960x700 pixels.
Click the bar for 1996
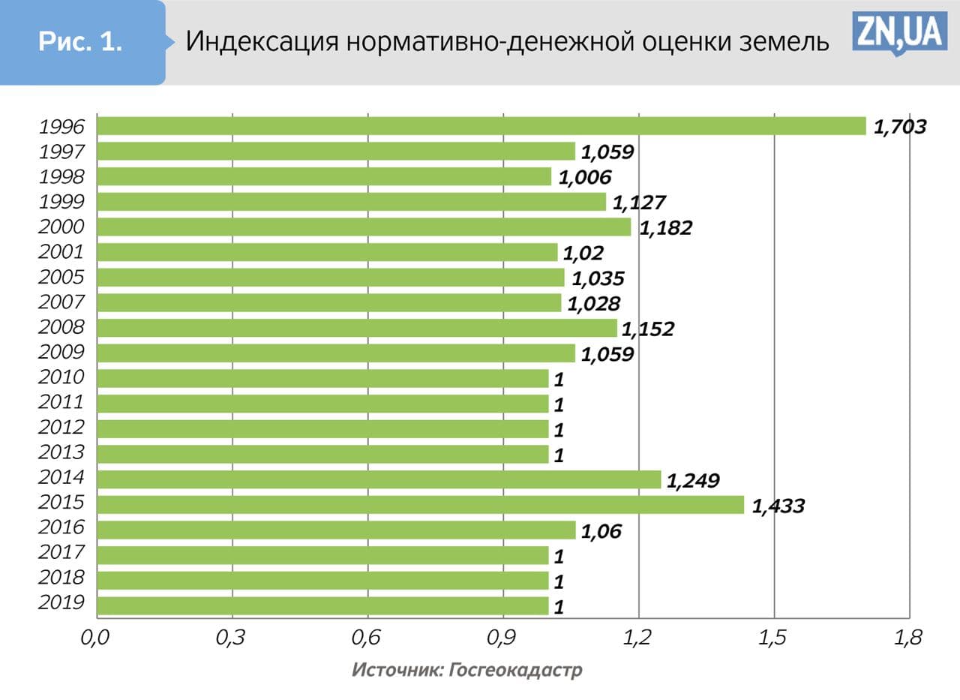[x=481, y=126]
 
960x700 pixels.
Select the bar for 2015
[x=420, y=504]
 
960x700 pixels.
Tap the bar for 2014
[x=379, y=479]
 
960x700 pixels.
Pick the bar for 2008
[x=357, y=328]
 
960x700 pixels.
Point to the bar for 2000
[x=364, y=227]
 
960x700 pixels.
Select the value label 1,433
[x=778, y=506]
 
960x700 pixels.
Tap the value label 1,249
[x=693, y=480]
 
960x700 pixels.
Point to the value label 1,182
[x=665, y=227]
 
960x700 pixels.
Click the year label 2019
[x=61, y=603]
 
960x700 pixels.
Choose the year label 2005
[x=61, y=277]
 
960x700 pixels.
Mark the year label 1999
[x=61, y=201]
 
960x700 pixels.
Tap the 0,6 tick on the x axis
[x=367, y=638]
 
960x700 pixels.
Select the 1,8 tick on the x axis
[x=908, y=638]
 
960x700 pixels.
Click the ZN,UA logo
[x=898, y=33]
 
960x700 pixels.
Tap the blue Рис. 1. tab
[x=81, y=42]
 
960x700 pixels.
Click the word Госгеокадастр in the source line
[x=515, y=670]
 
